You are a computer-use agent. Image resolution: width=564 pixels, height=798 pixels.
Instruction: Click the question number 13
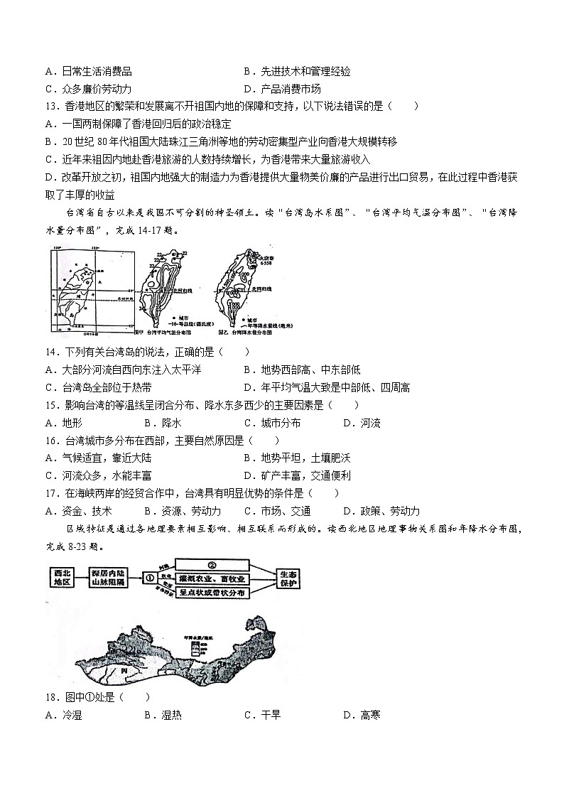click(x=53, y=106)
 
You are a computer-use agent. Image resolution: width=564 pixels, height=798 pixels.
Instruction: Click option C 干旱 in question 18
click(x=262, y=714)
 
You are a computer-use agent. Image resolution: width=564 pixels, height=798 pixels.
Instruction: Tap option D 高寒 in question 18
click(x=362, y=714)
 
